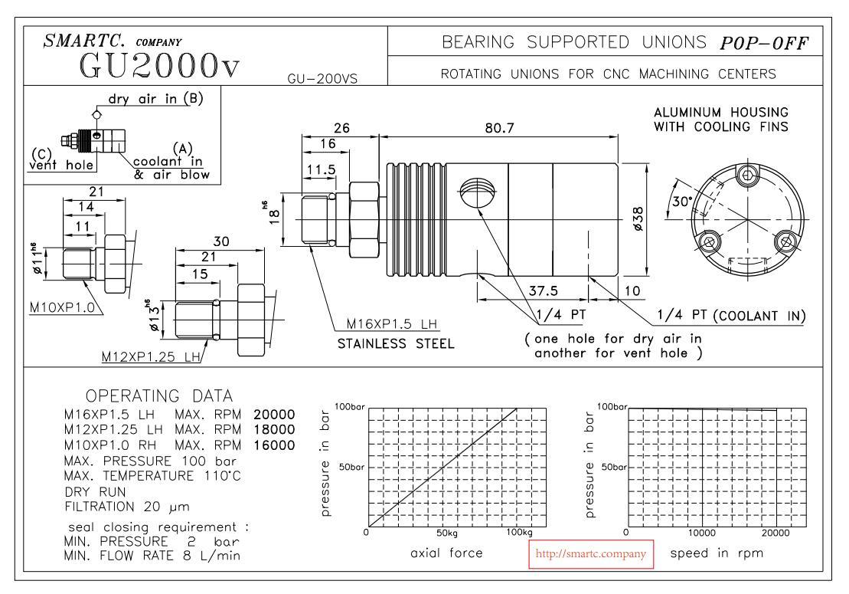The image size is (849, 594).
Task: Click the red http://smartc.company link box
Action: [x=593, y=553]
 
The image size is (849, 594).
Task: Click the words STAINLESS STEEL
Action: [x=395, y=343]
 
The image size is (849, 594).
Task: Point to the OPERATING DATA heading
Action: [x=159, y=396]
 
